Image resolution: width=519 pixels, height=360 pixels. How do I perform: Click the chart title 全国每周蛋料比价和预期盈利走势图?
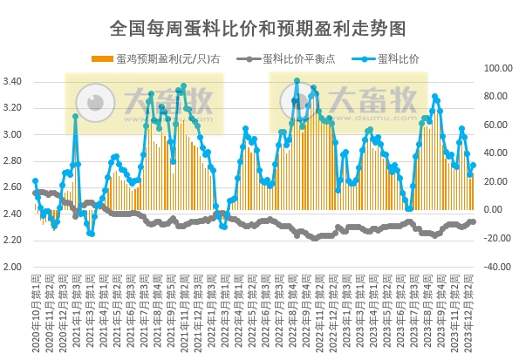258,28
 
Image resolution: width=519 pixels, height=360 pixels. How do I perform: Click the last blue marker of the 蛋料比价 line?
474,165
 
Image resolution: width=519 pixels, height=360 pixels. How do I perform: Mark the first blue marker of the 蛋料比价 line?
35,181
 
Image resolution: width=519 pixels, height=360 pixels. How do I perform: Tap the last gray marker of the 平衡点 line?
474,221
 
